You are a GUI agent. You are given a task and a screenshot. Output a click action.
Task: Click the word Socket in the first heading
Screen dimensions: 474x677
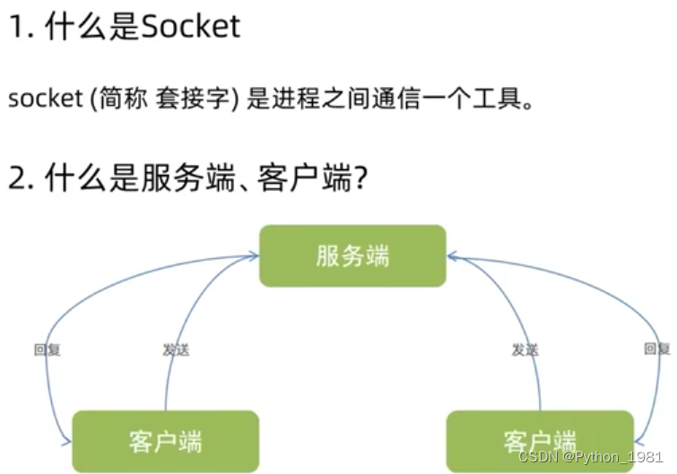tap(191, 26)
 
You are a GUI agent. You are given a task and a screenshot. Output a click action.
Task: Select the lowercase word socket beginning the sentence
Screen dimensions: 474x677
tap(45, 99)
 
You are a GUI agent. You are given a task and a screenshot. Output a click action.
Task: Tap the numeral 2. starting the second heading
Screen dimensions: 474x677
tap(20, 178)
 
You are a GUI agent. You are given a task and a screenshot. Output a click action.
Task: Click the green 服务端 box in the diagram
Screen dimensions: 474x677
tap(352, 255)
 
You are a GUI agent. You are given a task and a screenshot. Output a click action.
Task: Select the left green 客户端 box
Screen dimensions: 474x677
tap(165, 441)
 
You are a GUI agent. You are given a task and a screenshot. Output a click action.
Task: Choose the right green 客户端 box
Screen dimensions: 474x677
tap(539, 441)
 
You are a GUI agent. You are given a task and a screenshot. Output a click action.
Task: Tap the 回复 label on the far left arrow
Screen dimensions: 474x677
tap(46, 349)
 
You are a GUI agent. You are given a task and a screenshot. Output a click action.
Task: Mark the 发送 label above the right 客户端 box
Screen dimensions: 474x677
tap(525, 349)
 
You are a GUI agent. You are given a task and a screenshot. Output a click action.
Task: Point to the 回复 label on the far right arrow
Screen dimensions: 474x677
tap(656, 349)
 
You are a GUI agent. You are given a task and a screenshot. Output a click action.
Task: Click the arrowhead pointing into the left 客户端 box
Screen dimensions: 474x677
tap(65, 441)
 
